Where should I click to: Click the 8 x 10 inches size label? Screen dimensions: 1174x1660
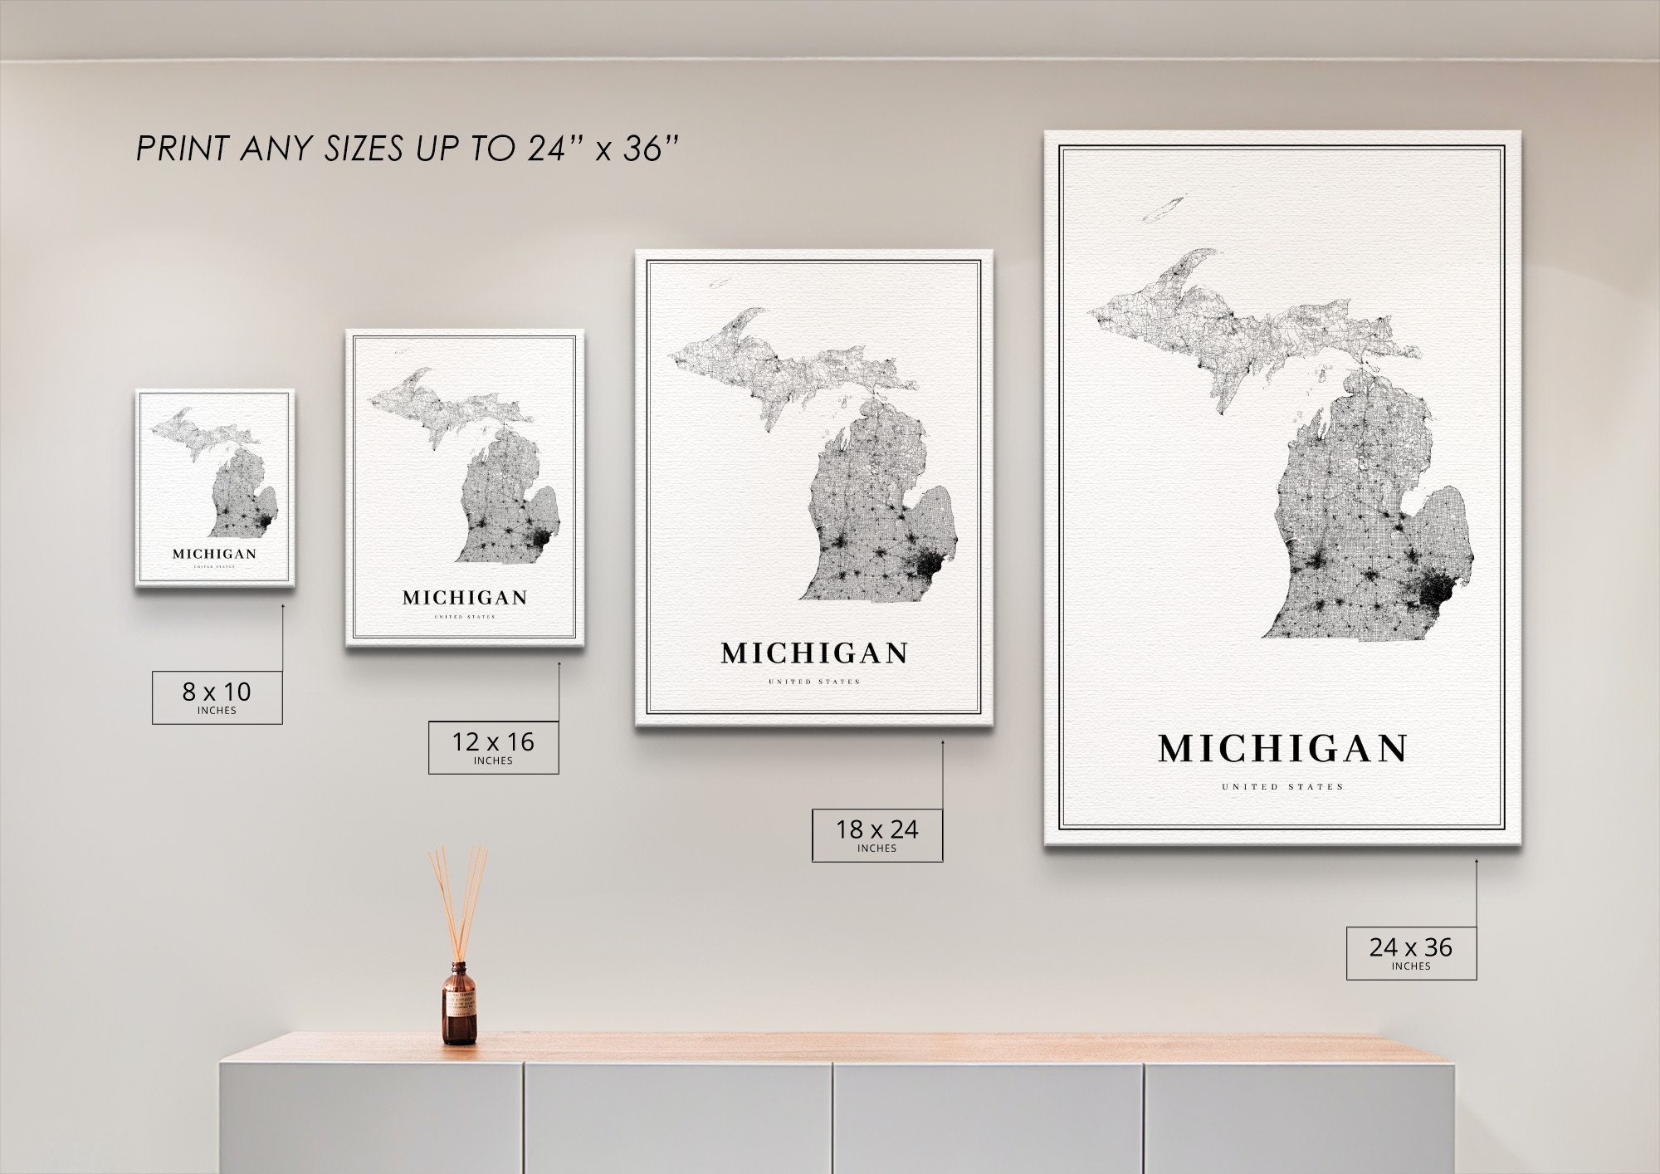coord(217,697)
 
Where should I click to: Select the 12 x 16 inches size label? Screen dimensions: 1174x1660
coord(493,747)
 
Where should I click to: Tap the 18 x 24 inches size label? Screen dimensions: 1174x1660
coord(876,834)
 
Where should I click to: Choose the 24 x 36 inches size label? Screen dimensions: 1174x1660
coord(1411,952)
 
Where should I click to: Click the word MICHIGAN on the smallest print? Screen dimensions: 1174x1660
coord(214,554)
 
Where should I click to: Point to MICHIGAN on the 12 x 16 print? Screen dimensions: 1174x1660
coord(465,598)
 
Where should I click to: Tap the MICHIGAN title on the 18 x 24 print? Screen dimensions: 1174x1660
coord(814,653)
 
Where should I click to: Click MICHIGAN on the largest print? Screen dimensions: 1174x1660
coord(1282,749)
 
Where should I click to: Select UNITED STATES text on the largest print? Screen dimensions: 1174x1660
coord(1282,786)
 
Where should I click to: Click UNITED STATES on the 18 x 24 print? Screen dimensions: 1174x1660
coord(814,682)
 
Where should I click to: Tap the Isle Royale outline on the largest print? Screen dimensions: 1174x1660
coord(1164,209)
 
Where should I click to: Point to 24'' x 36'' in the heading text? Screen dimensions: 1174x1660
coord(603,149)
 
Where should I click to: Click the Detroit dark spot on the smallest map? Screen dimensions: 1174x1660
coord(264,521)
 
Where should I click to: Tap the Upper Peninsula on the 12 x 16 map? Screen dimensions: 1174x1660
coord(440,407)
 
